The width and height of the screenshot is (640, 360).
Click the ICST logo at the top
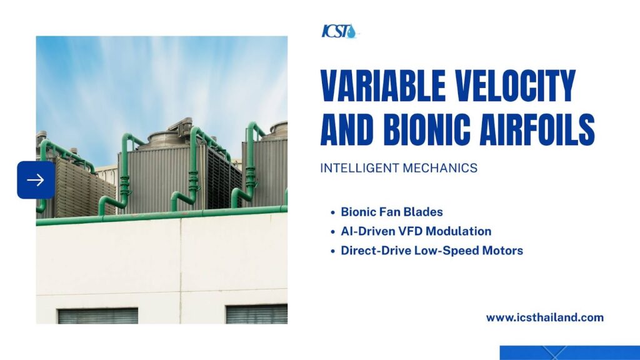[339, 31]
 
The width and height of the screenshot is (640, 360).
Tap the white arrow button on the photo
[36, 180]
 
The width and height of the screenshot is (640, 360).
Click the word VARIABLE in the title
[383, 86]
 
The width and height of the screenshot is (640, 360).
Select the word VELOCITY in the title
[516, 86]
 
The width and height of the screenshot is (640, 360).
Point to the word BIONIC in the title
[427, 129]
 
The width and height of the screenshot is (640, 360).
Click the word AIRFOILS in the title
[537, 129]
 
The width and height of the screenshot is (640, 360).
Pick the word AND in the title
[347, 129]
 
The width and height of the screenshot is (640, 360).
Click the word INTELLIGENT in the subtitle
[359, 168]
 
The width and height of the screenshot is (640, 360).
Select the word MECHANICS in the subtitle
[440, 168]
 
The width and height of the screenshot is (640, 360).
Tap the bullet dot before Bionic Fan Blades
[332, 212]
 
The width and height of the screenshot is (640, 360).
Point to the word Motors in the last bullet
[502, 251]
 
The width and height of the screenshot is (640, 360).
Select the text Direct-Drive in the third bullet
[376, 251]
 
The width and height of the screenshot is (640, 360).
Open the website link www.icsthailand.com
[544, 317]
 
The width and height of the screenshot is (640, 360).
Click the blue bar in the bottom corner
[570, 352]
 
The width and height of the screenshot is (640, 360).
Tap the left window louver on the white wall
[98, 316]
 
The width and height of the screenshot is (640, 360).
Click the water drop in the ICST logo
[351, 32]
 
